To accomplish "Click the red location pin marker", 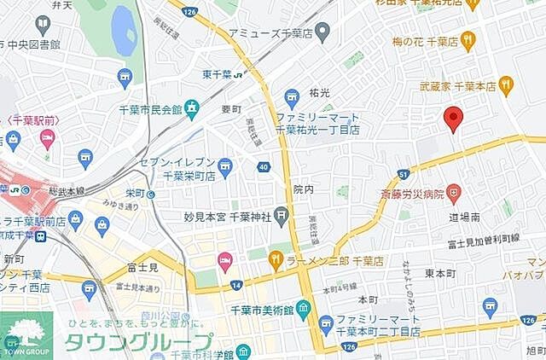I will (454, 119).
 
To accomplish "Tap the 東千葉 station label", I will (218, 73).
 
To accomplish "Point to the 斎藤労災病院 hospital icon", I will (454, 194).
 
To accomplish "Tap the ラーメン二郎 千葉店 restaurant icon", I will (276, 258).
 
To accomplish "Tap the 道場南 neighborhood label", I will (466, 218).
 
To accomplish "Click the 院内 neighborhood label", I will (303, 189).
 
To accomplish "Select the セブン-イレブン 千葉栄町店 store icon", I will (224, 165).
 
